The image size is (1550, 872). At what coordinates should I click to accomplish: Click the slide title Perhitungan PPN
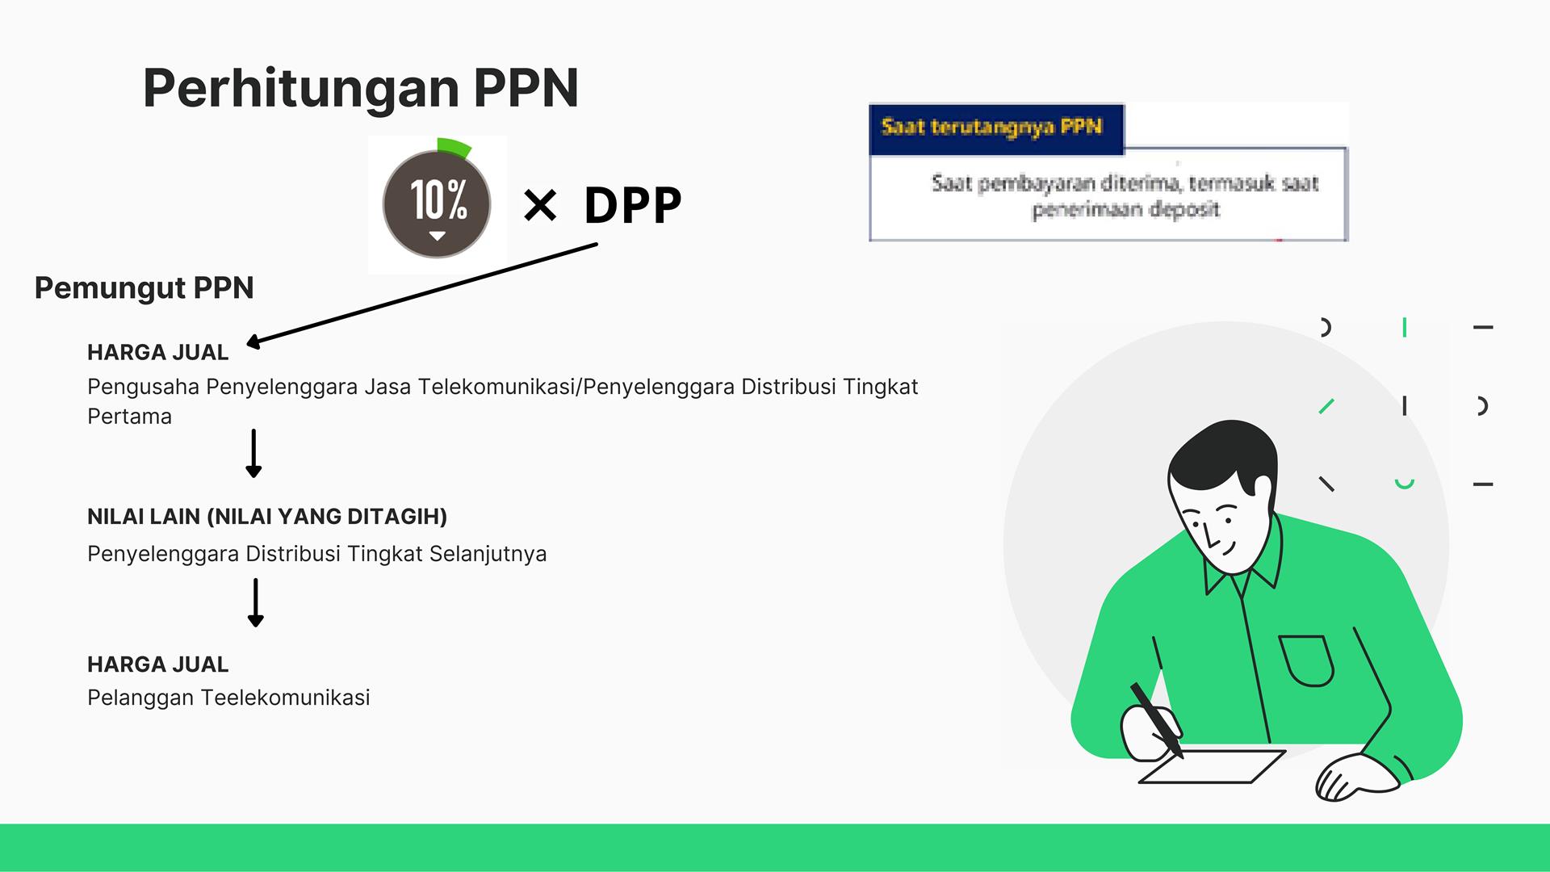point(361,89)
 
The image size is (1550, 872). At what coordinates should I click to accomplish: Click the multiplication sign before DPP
point(540,205)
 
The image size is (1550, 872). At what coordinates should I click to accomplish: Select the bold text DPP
point(633,205)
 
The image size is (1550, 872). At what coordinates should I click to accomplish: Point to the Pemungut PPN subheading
point(144,288)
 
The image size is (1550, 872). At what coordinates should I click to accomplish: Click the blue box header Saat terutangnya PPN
point(991,127)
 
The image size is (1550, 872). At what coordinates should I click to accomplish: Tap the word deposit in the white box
point(1184,210)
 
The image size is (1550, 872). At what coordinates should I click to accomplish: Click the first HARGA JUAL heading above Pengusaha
point(157,352)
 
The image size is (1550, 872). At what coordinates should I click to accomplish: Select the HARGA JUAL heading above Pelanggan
point(157,664)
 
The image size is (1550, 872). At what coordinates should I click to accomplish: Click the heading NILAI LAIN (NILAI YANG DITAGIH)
point(267,517)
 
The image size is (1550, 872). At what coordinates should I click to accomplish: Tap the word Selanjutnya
point(488,554)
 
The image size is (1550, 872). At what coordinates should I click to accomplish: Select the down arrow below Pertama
point(253,453)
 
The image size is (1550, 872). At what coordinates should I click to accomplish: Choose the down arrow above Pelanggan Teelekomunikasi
point(256,602)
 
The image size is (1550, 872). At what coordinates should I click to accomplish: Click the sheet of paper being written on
point(1212,766)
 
